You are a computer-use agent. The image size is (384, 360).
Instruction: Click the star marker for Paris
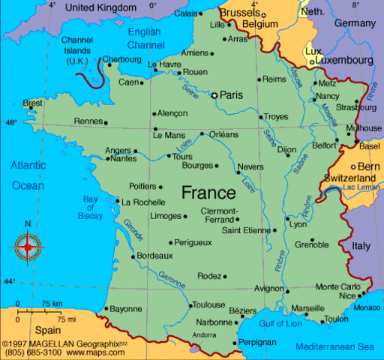coord(214,95)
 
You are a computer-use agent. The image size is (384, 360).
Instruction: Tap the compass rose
coord(28,244)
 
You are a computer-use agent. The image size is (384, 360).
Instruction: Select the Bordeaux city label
coord(156,256)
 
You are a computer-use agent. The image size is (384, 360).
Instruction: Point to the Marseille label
coord(307,308)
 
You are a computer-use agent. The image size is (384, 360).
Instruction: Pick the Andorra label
coord(205,334)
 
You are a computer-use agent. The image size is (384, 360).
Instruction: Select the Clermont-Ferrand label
coord(219,215)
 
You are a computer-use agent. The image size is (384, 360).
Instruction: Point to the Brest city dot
coord(31,107)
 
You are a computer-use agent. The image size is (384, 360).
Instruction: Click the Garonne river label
coord(172,279)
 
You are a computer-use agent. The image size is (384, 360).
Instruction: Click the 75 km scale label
coord(52,303)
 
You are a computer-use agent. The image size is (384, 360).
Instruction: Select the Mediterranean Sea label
coord(334,346)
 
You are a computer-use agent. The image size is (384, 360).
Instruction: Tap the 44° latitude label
coord(9,281)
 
